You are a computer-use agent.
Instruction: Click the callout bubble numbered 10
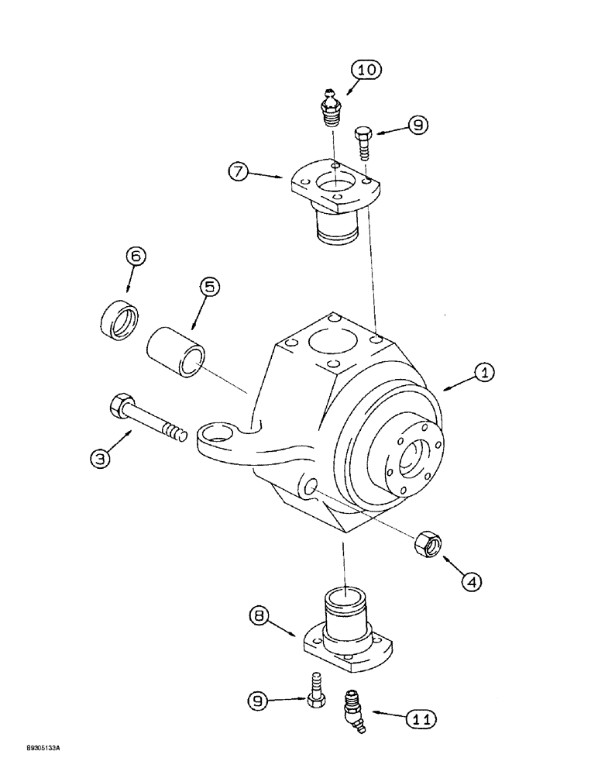point(366,71)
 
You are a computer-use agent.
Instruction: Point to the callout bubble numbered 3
point(100,459)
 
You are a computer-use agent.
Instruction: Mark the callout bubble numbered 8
point(261,618)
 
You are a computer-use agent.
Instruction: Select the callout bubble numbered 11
point(418,718)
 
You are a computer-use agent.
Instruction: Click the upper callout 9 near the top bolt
point(418,125)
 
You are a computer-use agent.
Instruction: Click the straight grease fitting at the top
point(332,106)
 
